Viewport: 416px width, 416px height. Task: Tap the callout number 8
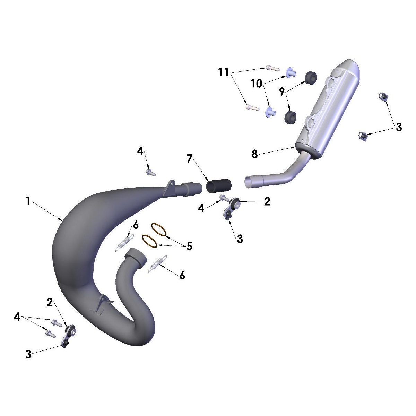(255, 154)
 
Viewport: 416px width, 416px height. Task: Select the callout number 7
(189, 159)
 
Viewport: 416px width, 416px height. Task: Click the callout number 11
(224, 72)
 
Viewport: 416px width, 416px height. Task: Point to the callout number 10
(257, 84)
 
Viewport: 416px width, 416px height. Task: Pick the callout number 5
(189, 246)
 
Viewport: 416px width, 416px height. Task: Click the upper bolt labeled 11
(274, 68)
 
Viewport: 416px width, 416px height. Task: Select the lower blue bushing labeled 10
(270, 112)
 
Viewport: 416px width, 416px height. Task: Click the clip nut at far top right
(382, 97)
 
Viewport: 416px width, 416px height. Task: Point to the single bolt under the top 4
(151, 172)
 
